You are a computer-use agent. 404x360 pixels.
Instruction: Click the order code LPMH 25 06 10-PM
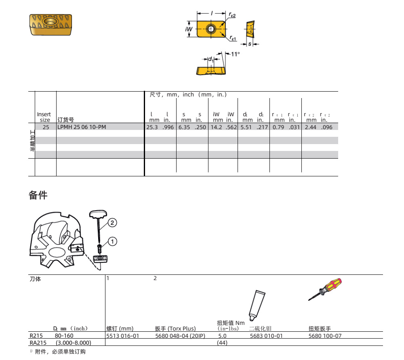tap(82, 127)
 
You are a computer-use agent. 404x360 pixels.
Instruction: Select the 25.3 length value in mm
tap(152, 127)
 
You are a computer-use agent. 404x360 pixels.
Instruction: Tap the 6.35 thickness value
tap(184, 127)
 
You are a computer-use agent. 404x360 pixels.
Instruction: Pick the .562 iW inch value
tap(231, 127)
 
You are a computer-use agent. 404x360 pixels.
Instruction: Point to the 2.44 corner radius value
tap(310, 127)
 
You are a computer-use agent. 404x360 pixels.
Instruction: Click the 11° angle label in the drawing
tap(235, 54)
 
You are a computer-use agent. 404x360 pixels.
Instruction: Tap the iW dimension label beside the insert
tap(189, 29)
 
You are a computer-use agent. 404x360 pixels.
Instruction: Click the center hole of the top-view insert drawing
tap(211, 29)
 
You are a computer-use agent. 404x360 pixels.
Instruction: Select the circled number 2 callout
tap(112, 223)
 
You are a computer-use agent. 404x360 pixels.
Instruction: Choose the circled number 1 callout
tap(112, 241)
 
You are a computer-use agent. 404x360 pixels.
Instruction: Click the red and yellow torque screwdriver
tap(325, 289)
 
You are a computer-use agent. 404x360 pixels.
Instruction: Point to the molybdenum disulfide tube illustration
tap(257, 305)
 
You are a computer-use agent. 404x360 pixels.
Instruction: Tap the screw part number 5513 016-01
tap(123, 336)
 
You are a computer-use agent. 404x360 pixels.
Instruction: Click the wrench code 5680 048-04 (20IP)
tap(180, 336)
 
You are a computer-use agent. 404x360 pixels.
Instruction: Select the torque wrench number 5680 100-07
tap(325, 336)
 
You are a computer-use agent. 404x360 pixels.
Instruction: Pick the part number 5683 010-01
tap(266, 336)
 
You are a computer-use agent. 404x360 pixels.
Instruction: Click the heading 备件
tap(38, 195)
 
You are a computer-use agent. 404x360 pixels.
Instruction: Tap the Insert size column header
tap(44, 117)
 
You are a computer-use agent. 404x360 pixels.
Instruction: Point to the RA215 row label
tap(38, 343)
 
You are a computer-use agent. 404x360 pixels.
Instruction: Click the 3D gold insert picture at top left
tap(50, 25)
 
